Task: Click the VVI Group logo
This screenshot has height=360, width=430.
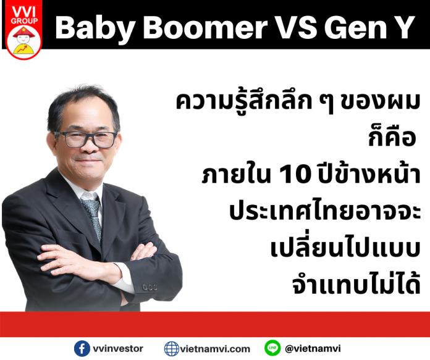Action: (24, 30)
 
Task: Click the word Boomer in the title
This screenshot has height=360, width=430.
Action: (205, 27)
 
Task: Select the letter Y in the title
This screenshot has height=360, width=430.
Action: (402, 27)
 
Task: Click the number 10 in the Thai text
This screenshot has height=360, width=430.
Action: (295, 175)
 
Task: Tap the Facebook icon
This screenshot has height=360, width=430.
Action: (82, 348)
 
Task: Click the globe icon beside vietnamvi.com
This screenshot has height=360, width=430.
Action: (172, 349)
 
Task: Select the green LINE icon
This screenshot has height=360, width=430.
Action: (272, 348)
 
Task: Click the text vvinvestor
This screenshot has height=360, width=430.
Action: (118, 348)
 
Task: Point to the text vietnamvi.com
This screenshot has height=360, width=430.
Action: (215, 349)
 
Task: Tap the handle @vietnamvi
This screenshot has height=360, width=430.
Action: (313, 348)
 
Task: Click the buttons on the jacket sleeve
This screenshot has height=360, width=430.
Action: (150, 287)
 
